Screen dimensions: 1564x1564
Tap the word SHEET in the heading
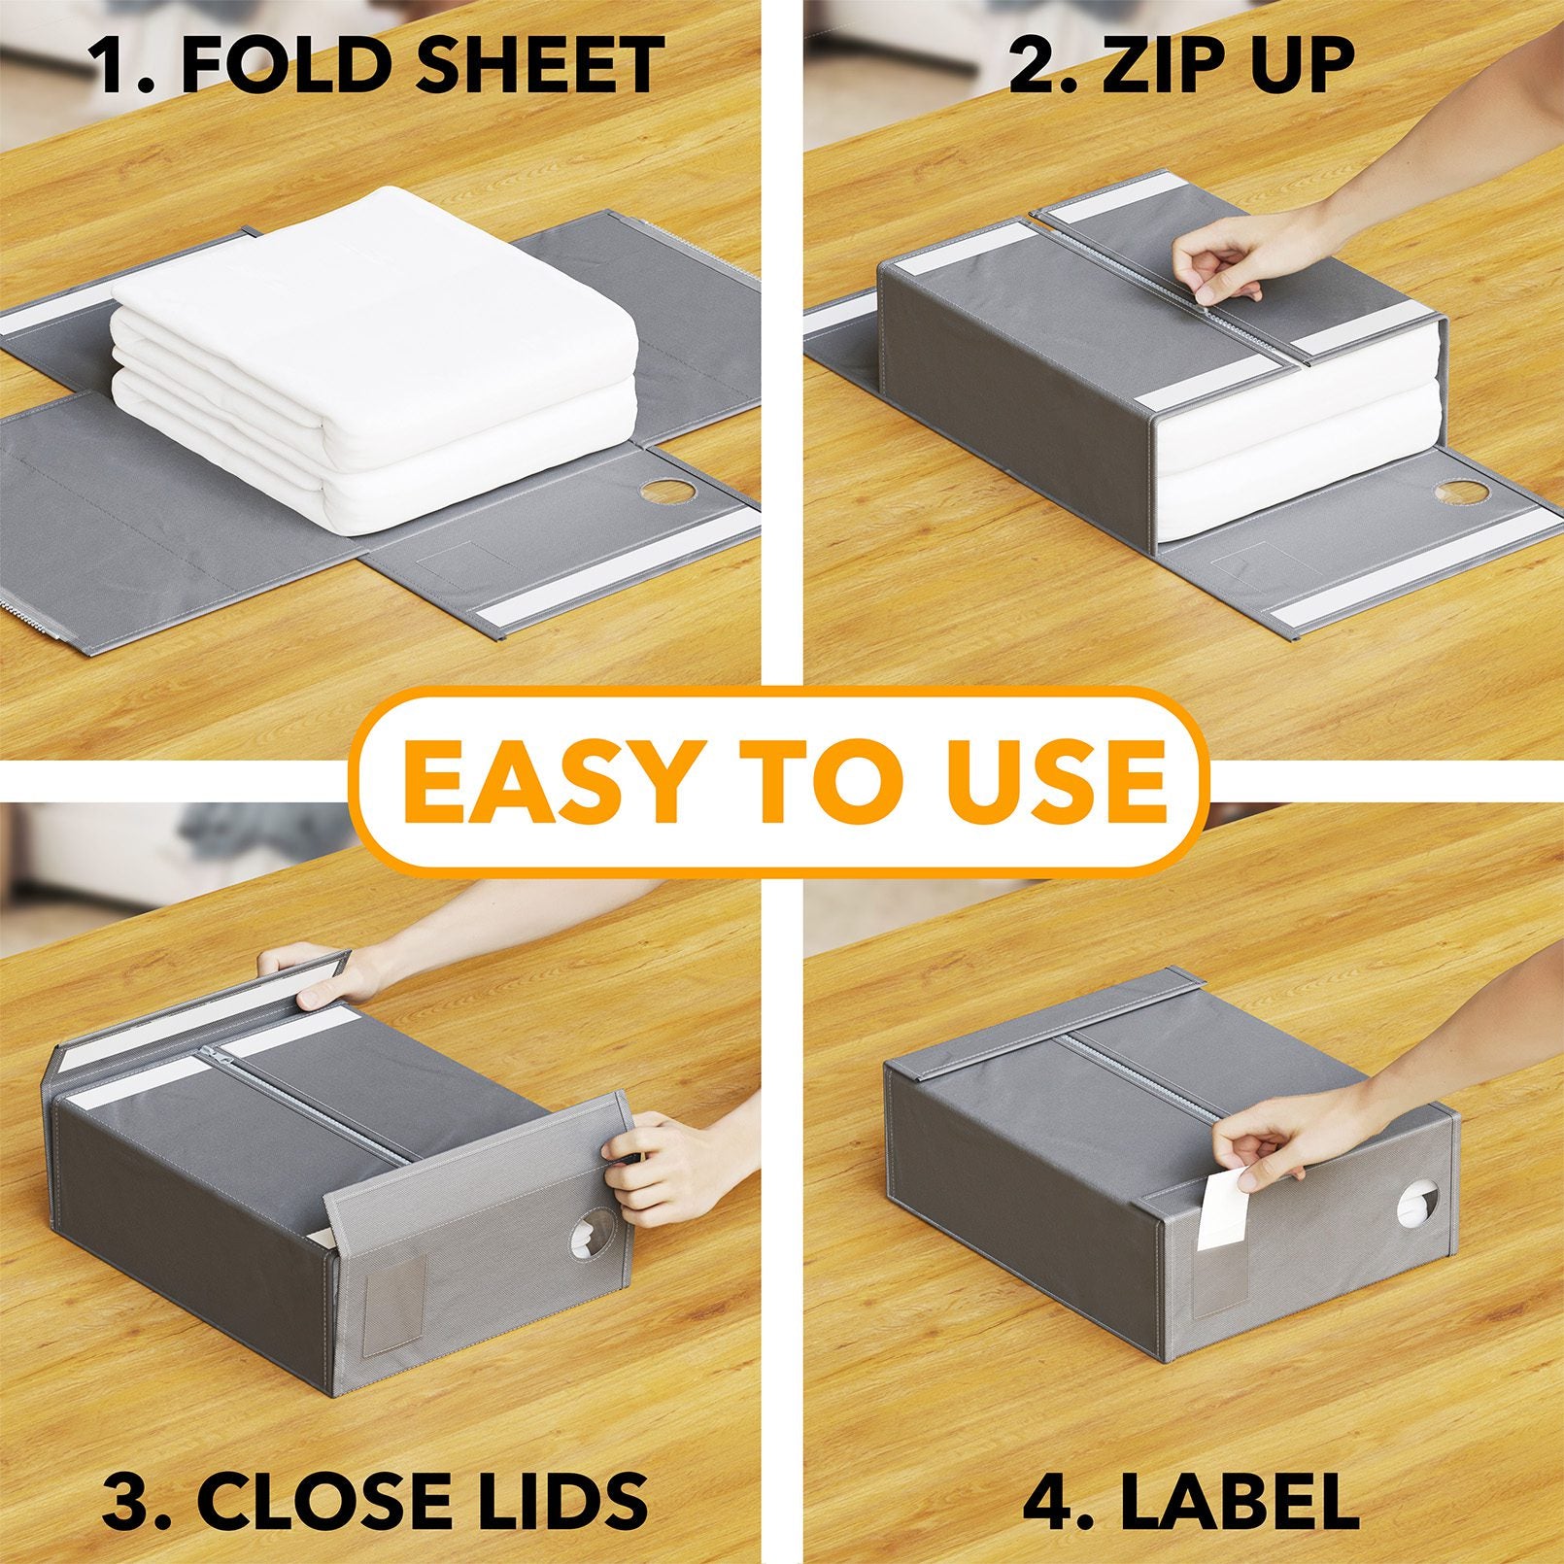(537, 65)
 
